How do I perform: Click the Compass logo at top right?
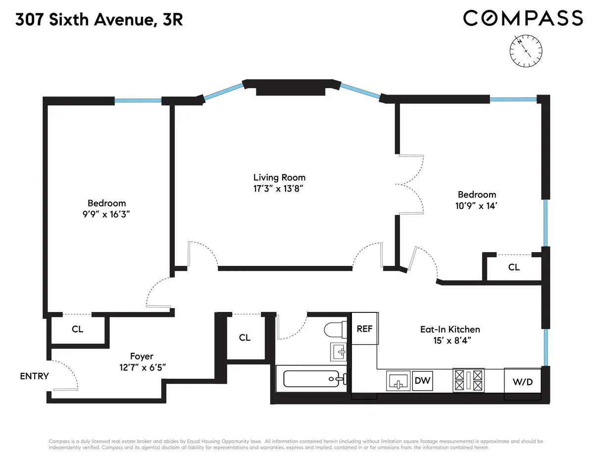point(523,18)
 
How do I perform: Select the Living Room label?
point(279,177)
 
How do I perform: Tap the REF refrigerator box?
point(365,328)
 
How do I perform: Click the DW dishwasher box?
point(422,381)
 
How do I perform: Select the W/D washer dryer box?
point(523,382)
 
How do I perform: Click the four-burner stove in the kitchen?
point(468,381)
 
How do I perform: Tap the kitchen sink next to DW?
point(397,381)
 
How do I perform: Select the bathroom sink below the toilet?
point(340,353)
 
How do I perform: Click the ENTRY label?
point(34,376)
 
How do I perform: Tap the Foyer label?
point(142,356)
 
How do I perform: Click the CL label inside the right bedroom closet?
point(514,267)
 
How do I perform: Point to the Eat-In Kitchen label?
point(450,329)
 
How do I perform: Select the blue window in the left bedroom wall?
point(138,101)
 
